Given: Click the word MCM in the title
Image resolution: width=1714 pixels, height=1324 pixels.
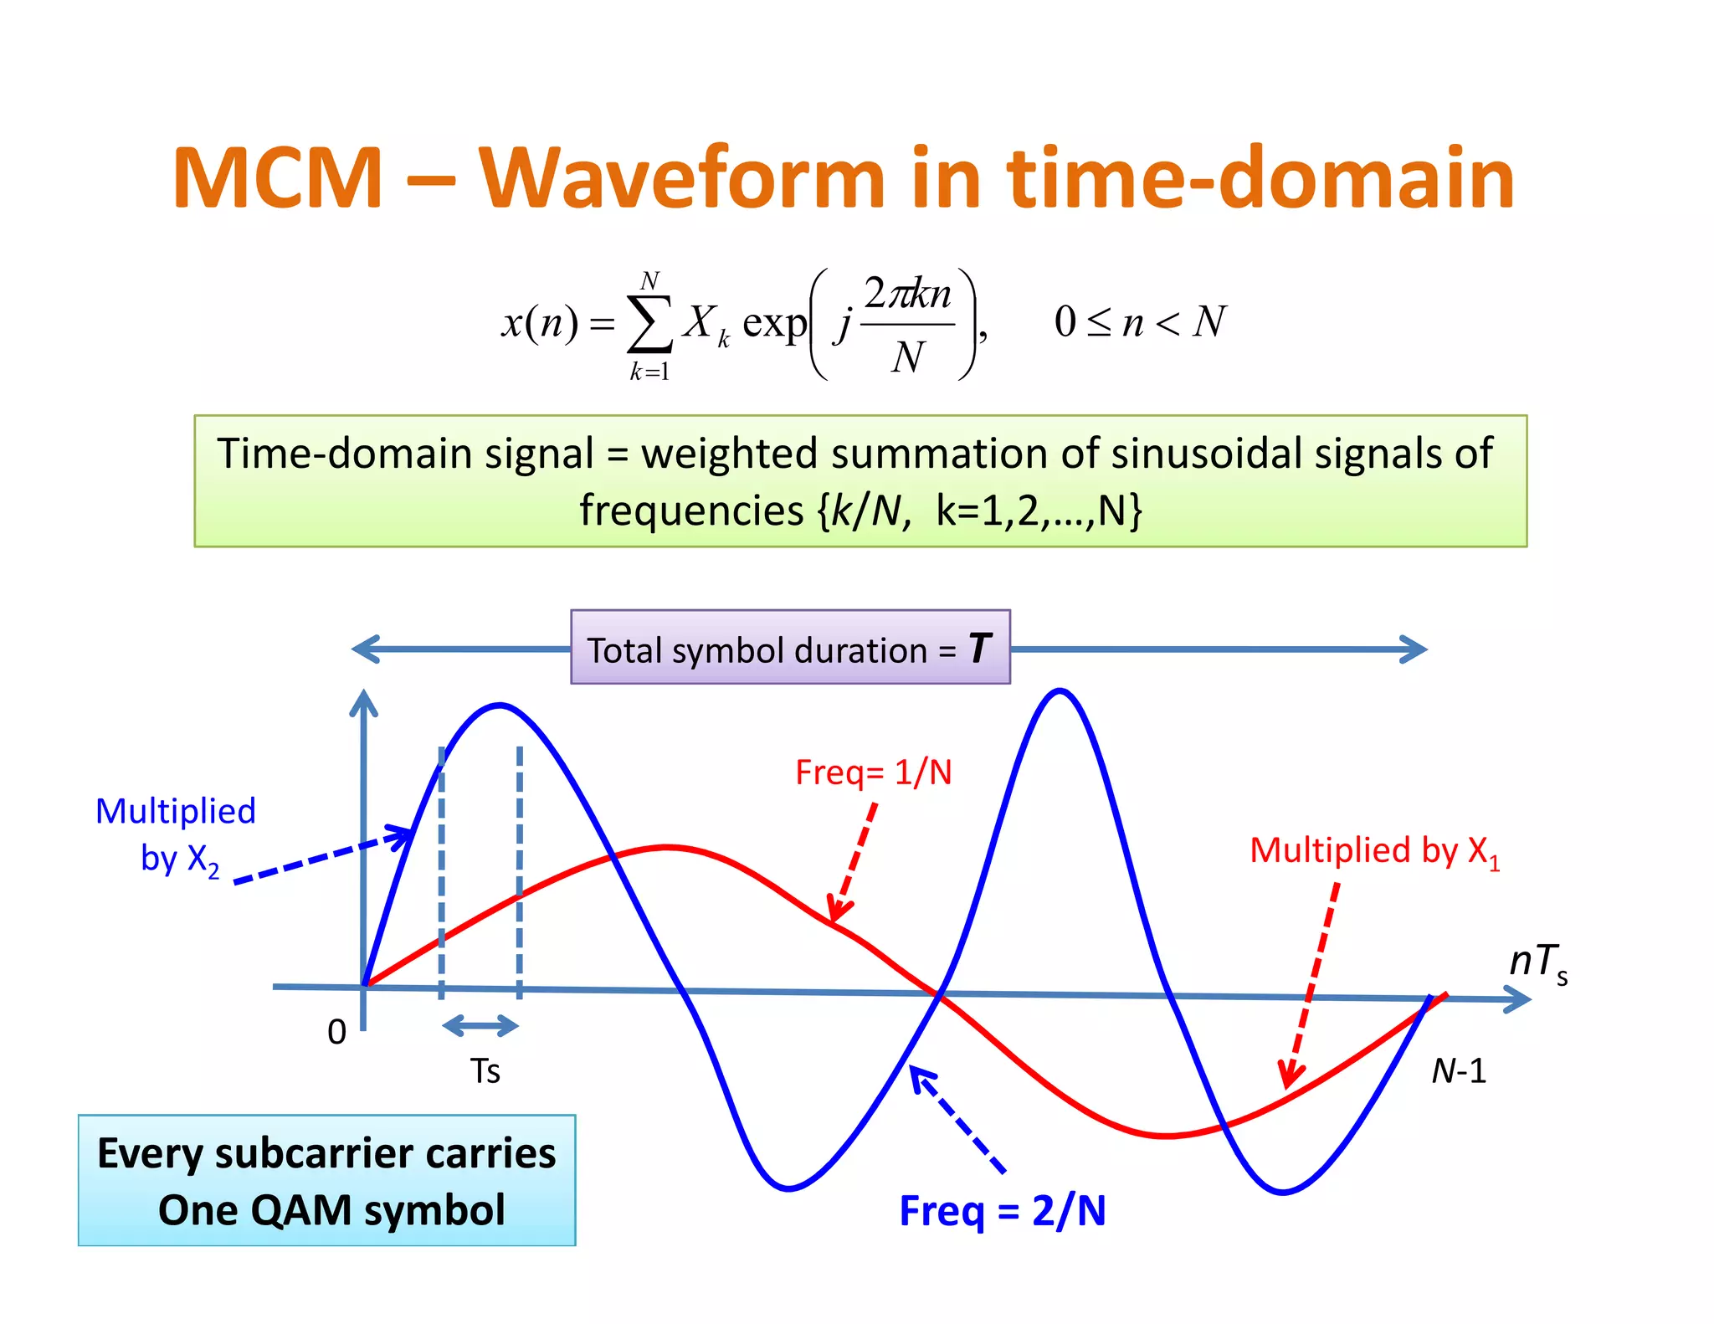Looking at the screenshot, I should pos(277,178).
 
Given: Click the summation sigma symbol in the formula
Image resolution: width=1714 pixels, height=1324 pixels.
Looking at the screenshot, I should pos(650,323).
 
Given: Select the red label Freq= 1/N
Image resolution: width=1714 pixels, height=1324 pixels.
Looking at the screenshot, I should pos(873,772).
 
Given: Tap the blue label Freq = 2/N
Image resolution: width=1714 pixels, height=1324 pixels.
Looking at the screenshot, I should pos(1002,1210).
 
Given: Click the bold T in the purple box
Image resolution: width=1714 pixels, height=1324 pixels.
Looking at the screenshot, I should pos(979,649).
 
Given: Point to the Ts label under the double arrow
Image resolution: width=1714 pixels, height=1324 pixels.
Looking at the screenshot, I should pos(485,1071).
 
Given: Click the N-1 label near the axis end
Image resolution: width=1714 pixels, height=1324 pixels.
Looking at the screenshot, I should pos(1458,1071).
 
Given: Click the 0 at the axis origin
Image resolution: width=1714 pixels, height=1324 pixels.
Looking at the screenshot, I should pos(336,1032).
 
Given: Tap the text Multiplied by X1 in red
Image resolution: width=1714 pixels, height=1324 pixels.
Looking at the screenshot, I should pos(1373,851).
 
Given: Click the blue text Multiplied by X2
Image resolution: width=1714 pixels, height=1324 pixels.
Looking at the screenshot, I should pos(176,834).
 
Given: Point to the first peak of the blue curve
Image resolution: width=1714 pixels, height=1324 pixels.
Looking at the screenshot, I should pos(500,706).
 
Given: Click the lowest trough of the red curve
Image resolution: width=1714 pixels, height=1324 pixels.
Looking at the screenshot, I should pos(1166,1136).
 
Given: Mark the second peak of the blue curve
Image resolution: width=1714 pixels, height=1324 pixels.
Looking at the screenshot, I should pos(1060,690).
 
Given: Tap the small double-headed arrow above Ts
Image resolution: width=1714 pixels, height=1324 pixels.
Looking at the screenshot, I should pos(480,1025).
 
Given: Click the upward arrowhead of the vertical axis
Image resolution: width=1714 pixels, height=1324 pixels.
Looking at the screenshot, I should pos(363,701).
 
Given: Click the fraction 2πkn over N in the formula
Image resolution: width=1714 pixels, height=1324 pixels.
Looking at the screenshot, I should pos(908,325).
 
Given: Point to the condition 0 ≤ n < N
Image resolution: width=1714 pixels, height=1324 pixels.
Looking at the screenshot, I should pos(1139,322).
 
